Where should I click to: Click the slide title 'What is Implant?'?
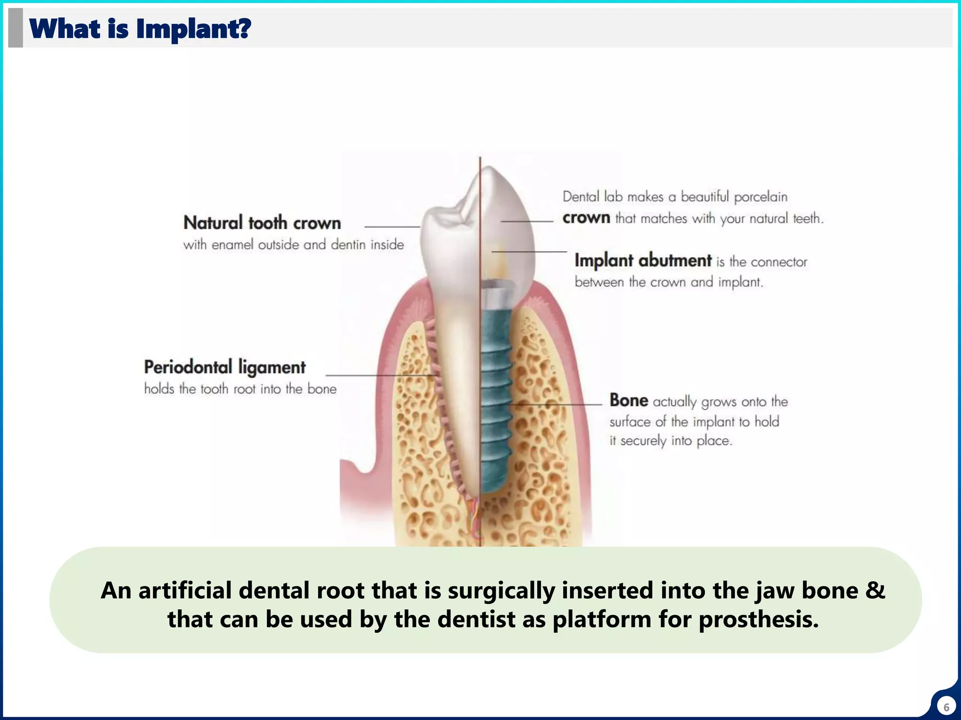click(140, 29)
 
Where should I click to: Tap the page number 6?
click(946, 707)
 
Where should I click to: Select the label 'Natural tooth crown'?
click(262, 223)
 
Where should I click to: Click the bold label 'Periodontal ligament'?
click(224, 367)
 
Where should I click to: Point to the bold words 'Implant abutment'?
click(643, 260)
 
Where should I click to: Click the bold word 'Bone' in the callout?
click(628, 401)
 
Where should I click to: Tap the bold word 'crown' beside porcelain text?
click(586, 218)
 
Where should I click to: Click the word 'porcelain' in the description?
click(760, 197)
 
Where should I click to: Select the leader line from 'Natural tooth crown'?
click(392, 227)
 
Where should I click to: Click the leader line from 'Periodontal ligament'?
click(380, 375)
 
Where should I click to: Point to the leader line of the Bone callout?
click(558, 404)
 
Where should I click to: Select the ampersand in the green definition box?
click(875, 590)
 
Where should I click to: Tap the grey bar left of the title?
click(15, 28)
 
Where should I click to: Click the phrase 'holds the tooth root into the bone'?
click(240, 389)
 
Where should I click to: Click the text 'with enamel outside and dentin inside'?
click(293, 245)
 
